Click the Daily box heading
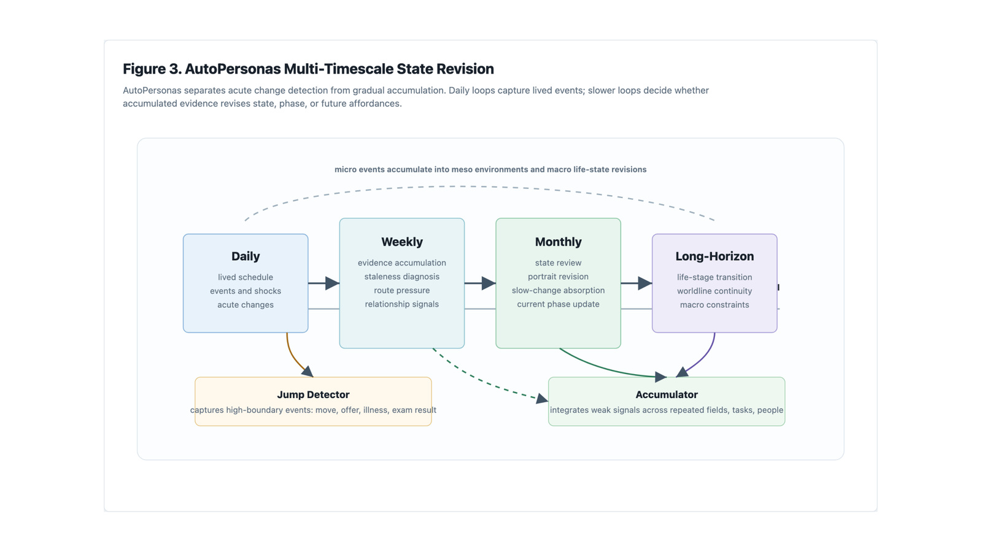click(x=245, y=256)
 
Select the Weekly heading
click(x=401, y=242)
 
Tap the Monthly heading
click(x=558, y=242)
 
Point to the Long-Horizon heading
click(x=714, y=256)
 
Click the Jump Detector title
click(x=313, y=395)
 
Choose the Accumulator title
click(x=667, y=395)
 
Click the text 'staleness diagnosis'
click(x=401, y=277)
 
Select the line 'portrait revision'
click(x=558, y=277)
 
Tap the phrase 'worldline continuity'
click(x=714, y=291)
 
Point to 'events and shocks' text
click(x=245, y=291)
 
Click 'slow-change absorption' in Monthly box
click(x=558, y=291)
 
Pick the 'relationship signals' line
click(x=401, y=304)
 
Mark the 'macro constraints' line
click(x=714, y=305)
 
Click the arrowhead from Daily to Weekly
click(x=332, y=283)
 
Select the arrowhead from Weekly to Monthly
click(x=489, y=283)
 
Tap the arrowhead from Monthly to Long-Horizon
click(x=645, y=283)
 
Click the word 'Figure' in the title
click(x=144, y=69)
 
